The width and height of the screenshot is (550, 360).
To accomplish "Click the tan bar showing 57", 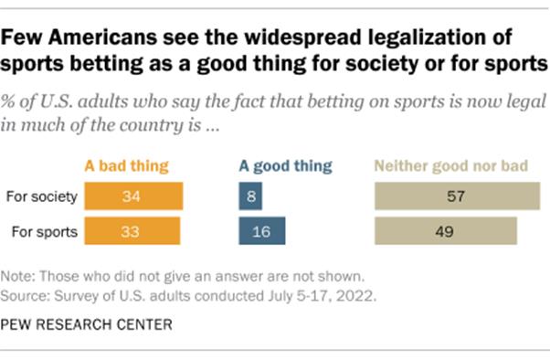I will pos(454,196).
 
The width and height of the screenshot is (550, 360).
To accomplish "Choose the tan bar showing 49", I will pos(445,232).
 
